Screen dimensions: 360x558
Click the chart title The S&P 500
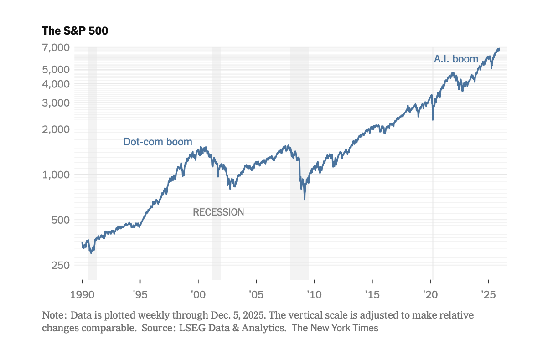[75, 31]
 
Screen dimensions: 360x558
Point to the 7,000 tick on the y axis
[57, 47]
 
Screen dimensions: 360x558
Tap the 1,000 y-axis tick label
[57, 175]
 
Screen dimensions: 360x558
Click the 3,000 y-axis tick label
[57, 103]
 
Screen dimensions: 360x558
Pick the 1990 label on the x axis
[83, 294]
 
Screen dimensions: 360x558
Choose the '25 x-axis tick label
[488, 294]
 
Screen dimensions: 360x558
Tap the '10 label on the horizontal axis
[314, 294]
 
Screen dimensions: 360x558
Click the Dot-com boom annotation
[158, 142]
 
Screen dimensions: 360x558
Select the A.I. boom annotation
[456, 59]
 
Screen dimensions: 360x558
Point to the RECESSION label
[218, 212]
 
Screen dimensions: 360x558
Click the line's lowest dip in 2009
[304, 199]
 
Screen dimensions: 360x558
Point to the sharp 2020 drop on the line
[433, 119]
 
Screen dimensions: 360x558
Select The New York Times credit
[335, 328]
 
